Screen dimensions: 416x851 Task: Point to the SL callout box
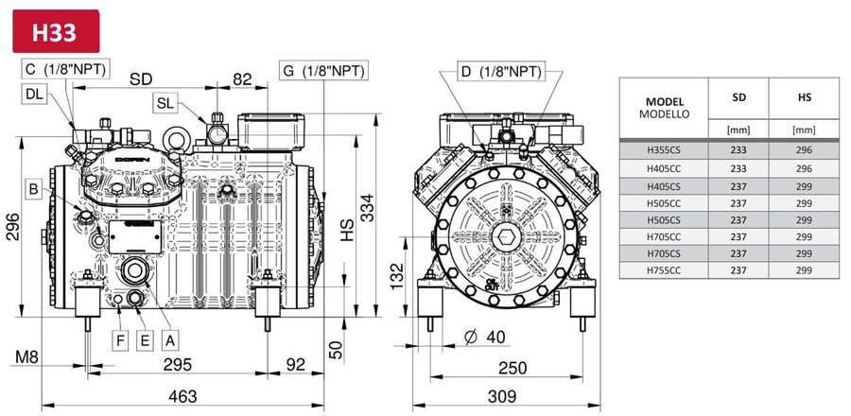165,102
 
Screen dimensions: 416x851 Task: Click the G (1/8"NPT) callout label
323,71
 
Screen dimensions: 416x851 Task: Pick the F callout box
121,338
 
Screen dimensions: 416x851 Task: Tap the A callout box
169,338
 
